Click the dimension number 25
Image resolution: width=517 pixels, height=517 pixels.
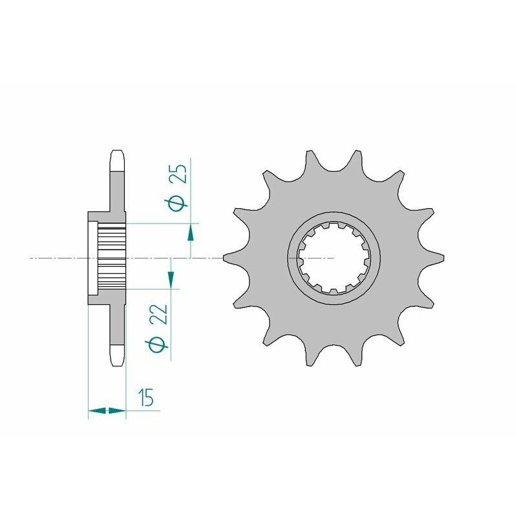coord(180,174)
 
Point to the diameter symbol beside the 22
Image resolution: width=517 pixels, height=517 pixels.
coord(160,344)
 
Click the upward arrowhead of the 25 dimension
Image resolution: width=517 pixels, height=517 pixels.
coord(191,233)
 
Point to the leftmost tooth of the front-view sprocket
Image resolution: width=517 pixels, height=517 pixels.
coord(228,258)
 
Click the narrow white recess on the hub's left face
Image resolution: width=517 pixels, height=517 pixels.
coord(92,257)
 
